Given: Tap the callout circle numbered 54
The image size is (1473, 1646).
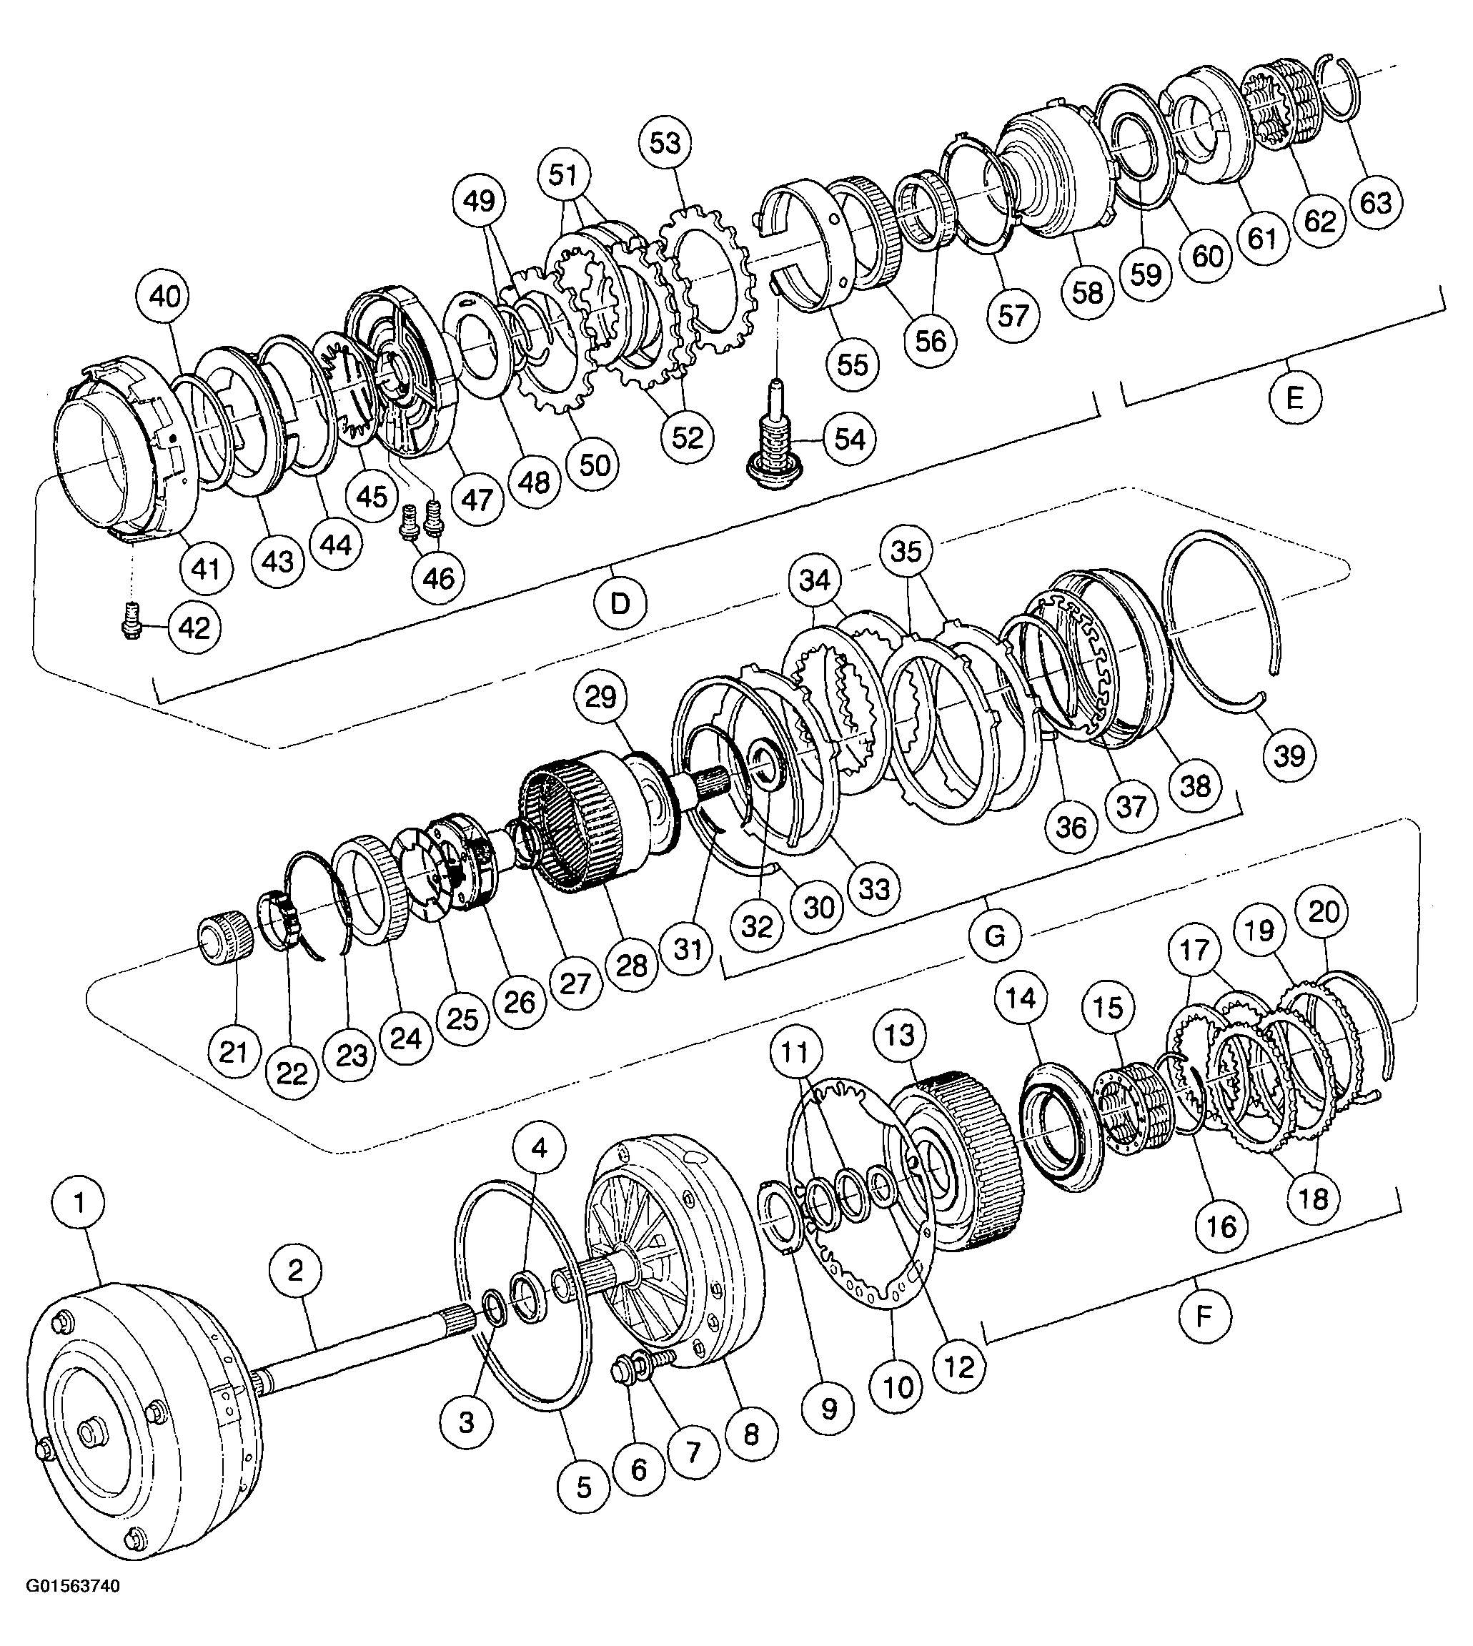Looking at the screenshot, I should tap(849, 440).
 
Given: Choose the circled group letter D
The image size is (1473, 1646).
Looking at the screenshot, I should tap(620, 603).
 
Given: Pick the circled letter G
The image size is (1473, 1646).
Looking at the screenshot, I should tap(995, 936).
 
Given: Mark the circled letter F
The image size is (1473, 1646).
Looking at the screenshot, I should tap(1204, 1317).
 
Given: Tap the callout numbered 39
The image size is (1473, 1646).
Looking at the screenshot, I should tap(1289, 755).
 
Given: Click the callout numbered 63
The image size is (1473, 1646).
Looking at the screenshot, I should tap(1376, 202).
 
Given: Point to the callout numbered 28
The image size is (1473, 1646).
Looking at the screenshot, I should tap(631, 964).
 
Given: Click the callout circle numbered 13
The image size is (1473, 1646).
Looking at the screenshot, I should tap(900, 1035).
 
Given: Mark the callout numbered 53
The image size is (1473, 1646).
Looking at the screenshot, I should tap(665, 143).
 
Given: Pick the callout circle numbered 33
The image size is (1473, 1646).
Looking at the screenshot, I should tap(874, 888).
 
